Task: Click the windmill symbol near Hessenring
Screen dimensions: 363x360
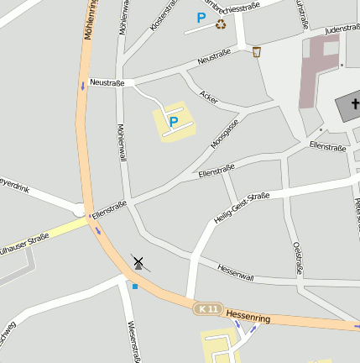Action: coord(138,263)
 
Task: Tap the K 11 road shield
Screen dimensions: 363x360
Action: coord(206,309)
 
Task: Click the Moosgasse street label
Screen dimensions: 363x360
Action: coord(225,133)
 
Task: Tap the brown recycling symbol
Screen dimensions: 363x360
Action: coord(221,24)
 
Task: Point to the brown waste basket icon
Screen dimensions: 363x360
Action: coord(256,52)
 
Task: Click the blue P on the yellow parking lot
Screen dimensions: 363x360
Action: coord(174,122)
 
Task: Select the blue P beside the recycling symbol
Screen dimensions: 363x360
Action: coord(201,18)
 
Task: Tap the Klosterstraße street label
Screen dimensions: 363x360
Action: coord(164,16)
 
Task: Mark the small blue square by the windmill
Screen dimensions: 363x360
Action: coord(134,286)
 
